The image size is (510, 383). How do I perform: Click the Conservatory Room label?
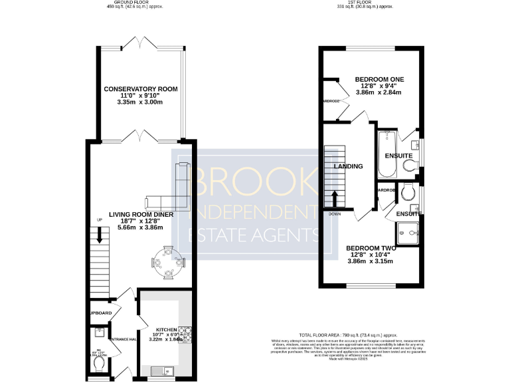140,89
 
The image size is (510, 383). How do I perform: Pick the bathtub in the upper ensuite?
386,154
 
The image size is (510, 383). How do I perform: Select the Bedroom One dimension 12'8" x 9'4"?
379,86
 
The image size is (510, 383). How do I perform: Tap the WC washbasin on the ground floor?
98,333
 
